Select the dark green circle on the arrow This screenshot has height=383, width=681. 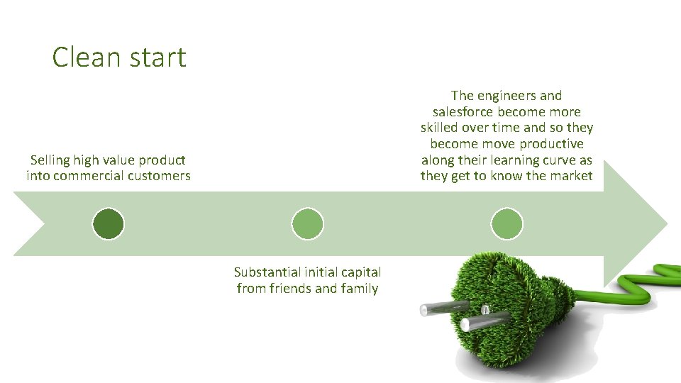coord(109,224)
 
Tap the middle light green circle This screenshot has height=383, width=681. coord(308,224)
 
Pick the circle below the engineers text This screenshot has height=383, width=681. coord(507,224)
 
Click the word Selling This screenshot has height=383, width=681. coord(52,160)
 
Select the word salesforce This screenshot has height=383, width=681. coord(463,112)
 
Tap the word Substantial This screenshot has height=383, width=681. coord(268,272)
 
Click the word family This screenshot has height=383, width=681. coord(359,289)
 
